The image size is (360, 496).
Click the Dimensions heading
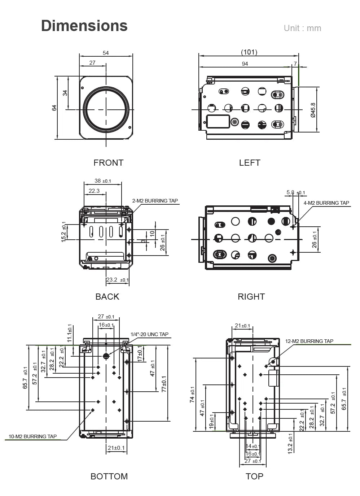coord(84,26)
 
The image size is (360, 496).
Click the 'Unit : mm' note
coord(302,28)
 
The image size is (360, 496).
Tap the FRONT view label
coord(108,163)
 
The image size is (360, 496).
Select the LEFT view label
coord(249,163)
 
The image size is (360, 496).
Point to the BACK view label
coord(107,297)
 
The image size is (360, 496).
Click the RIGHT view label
coord(251,297)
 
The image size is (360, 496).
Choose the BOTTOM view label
coord(109,477)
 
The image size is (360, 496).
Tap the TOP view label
coord(254,477)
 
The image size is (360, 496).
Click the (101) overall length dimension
coord(249,52)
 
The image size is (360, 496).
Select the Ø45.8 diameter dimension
coord(313,110)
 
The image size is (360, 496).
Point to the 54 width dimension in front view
coord(106,53)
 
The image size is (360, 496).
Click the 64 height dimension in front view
coord(54,108)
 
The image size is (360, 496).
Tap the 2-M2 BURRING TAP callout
coord(155,201)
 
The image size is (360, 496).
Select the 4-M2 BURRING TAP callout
coord(326,203)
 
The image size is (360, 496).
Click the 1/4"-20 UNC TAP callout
coord(149,334)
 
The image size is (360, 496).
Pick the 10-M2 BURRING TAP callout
coord(32,436)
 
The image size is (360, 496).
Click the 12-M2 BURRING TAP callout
coord(309,341)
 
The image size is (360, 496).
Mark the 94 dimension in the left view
coord(245,64)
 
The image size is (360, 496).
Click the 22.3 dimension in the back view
coord(94,191)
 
